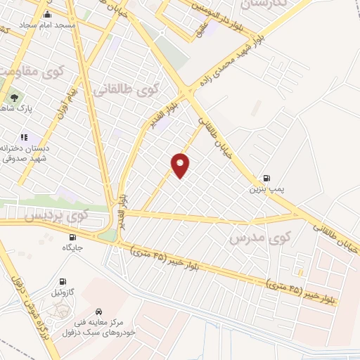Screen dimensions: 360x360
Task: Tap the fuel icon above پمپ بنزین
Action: click(x=266, y=178)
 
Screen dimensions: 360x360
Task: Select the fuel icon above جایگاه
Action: click(x=73, y=237)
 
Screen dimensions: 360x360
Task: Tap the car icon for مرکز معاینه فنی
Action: click(x=99, y=310)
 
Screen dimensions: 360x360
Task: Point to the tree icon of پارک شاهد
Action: click(x=14, y=98)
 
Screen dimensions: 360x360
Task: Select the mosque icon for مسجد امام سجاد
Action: click(x=47, y=14)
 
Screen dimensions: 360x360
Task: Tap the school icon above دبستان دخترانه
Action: click(x=23, y=137)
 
